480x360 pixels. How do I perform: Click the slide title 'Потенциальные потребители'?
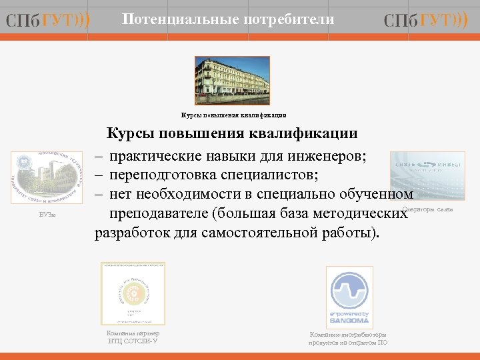pos(228,20)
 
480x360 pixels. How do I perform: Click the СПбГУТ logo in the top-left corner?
pos(47,21)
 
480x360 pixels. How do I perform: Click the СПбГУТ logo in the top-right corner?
pos(426,21)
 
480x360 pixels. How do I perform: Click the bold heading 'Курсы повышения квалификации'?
pos(233,133)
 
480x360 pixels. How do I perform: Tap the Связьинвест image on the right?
pos(425,172)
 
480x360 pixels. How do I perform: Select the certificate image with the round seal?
pos(133,293)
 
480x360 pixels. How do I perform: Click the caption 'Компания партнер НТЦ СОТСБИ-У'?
pos(133,337)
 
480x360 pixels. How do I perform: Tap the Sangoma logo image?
pos(349,297)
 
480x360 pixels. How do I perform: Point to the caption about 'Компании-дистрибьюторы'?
pos(347,338)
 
